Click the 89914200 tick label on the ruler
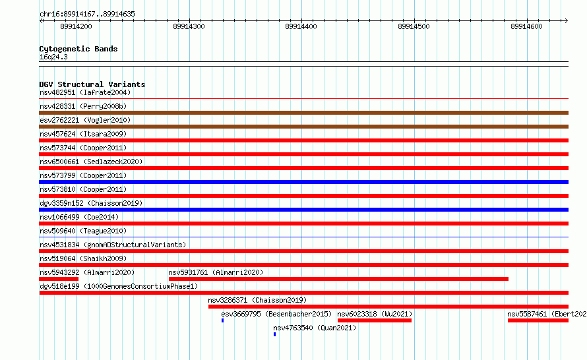76,26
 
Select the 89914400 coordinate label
301,26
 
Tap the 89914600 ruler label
526,26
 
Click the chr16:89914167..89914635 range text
87,15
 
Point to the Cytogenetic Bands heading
78,49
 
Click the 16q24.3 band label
53,57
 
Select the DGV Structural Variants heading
92,84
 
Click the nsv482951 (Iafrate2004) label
85,92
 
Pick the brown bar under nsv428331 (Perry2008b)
303,113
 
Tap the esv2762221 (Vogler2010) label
85,120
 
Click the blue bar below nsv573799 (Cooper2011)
303,182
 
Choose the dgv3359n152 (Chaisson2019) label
91,203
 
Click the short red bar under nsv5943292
59,279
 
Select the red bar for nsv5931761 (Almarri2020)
338,279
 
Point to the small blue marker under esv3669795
222,320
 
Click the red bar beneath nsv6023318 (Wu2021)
375,320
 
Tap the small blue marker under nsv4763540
274,334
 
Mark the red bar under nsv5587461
538,320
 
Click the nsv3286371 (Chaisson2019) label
257,300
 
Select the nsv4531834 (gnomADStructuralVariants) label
113,245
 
